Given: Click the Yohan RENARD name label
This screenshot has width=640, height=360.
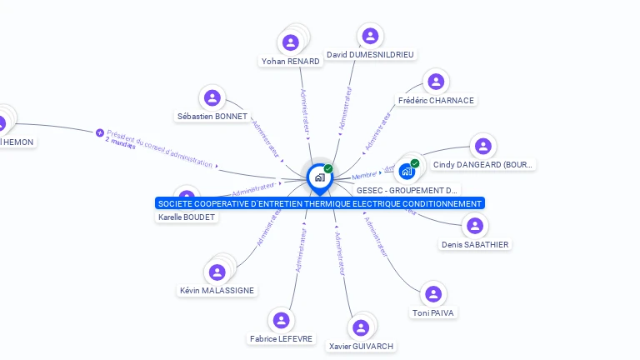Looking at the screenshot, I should coord(290,61).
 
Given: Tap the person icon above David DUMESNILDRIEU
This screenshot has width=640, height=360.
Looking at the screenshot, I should coord(371,36).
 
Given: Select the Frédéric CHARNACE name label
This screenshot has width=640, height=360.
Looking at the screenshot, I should coord(436,101).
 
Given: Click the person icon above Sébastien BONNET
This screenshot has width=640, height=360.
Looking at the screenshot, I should coord(212,97).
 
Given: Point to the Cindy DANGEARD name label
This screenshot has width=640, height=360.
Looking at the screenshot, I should coord(482,165).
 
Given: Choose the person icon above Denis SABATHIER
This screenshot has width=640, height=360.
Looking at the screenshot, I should coord(475,226).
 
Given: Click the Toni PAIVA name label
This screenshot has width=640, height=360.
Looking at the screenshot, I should coord(433,313).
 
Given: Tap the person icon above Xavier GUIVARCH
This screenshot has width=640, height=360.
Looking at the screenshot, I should coord(361,327).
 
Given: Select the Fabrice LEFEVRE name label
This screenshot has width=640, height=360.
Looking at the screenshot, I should coord(282,339).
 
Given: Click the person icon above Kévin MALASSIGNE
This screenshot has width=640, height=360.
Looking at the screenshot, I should coord(217,272).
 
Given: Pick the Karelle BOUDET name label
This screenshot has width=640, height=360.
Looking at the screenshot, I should coord(187,217).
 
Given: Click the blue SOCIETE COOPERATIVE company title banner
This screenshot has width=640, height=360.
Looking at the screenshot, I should coord(320,203).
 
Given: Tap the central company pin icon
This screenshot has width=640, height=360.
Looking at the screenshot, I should coord(319,177).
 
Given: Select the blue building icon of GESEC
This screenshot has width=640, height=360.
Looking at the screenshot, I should coord(407,171).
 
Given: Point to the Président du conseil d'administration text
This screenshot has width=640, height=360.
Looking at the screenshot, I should coord(159,146).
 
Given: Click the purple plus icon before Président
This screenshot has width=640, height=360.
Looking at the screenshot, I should coord(100,132).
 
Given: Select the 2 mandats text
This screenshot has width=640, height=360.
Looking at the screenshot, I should coord(120,142).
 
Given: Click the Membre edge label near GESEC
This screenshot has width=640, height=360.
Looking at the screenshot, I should coord(364,176).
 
